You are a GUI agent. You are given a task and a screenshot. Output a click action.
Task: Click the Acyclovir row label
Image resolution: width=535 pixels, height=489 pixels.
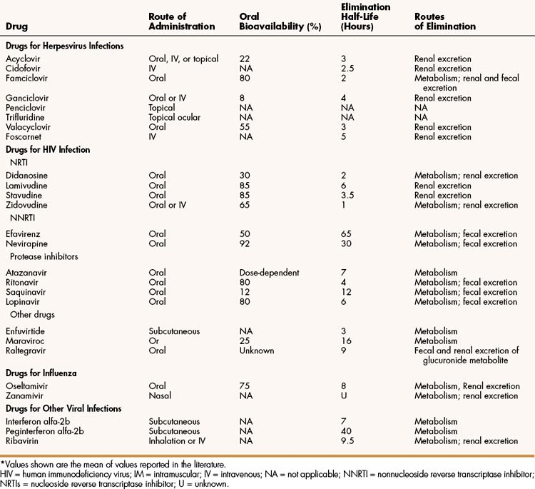(21, 59)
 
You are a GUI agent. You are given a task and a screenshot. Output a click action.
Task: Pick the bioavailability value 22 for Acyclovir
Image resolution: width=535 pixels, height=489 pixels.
(245, 59)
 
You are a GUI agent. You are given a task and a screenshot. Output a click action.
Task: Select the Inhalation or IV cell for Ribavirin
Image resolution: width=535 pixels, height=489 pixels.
(178, 440)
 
